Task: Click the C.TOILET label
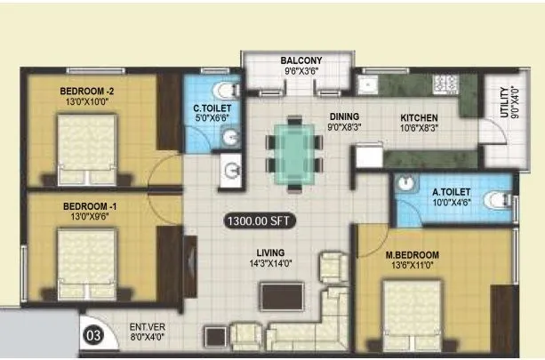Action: (x=213, y=109)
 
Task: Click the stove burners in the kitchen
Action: (x=443, y=84)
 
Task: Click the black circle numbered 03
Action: (x=92, y=335)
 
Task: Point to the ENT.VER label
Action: (x=147, y=327)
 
